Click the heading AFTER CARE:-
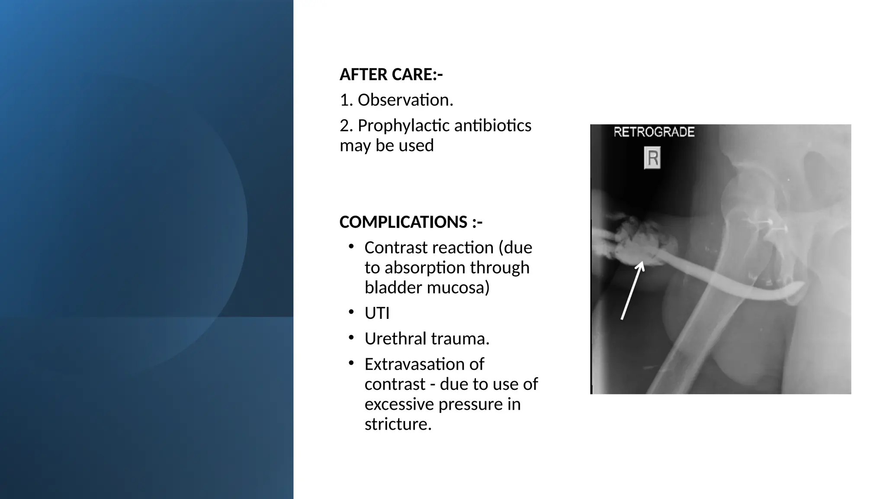coord(391,75)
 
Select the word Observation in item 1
coord(405,100)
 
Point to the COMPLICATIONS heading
coord(411,222)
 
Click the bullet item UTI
coord(377,313)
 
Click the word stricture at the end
coord(398,424)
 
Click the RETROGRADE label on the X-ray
coord(654,132)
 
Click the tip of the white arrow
coord(642,262)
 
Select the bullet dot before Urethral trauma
coord(351,337)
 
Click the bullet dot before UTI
coord(351,312)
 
